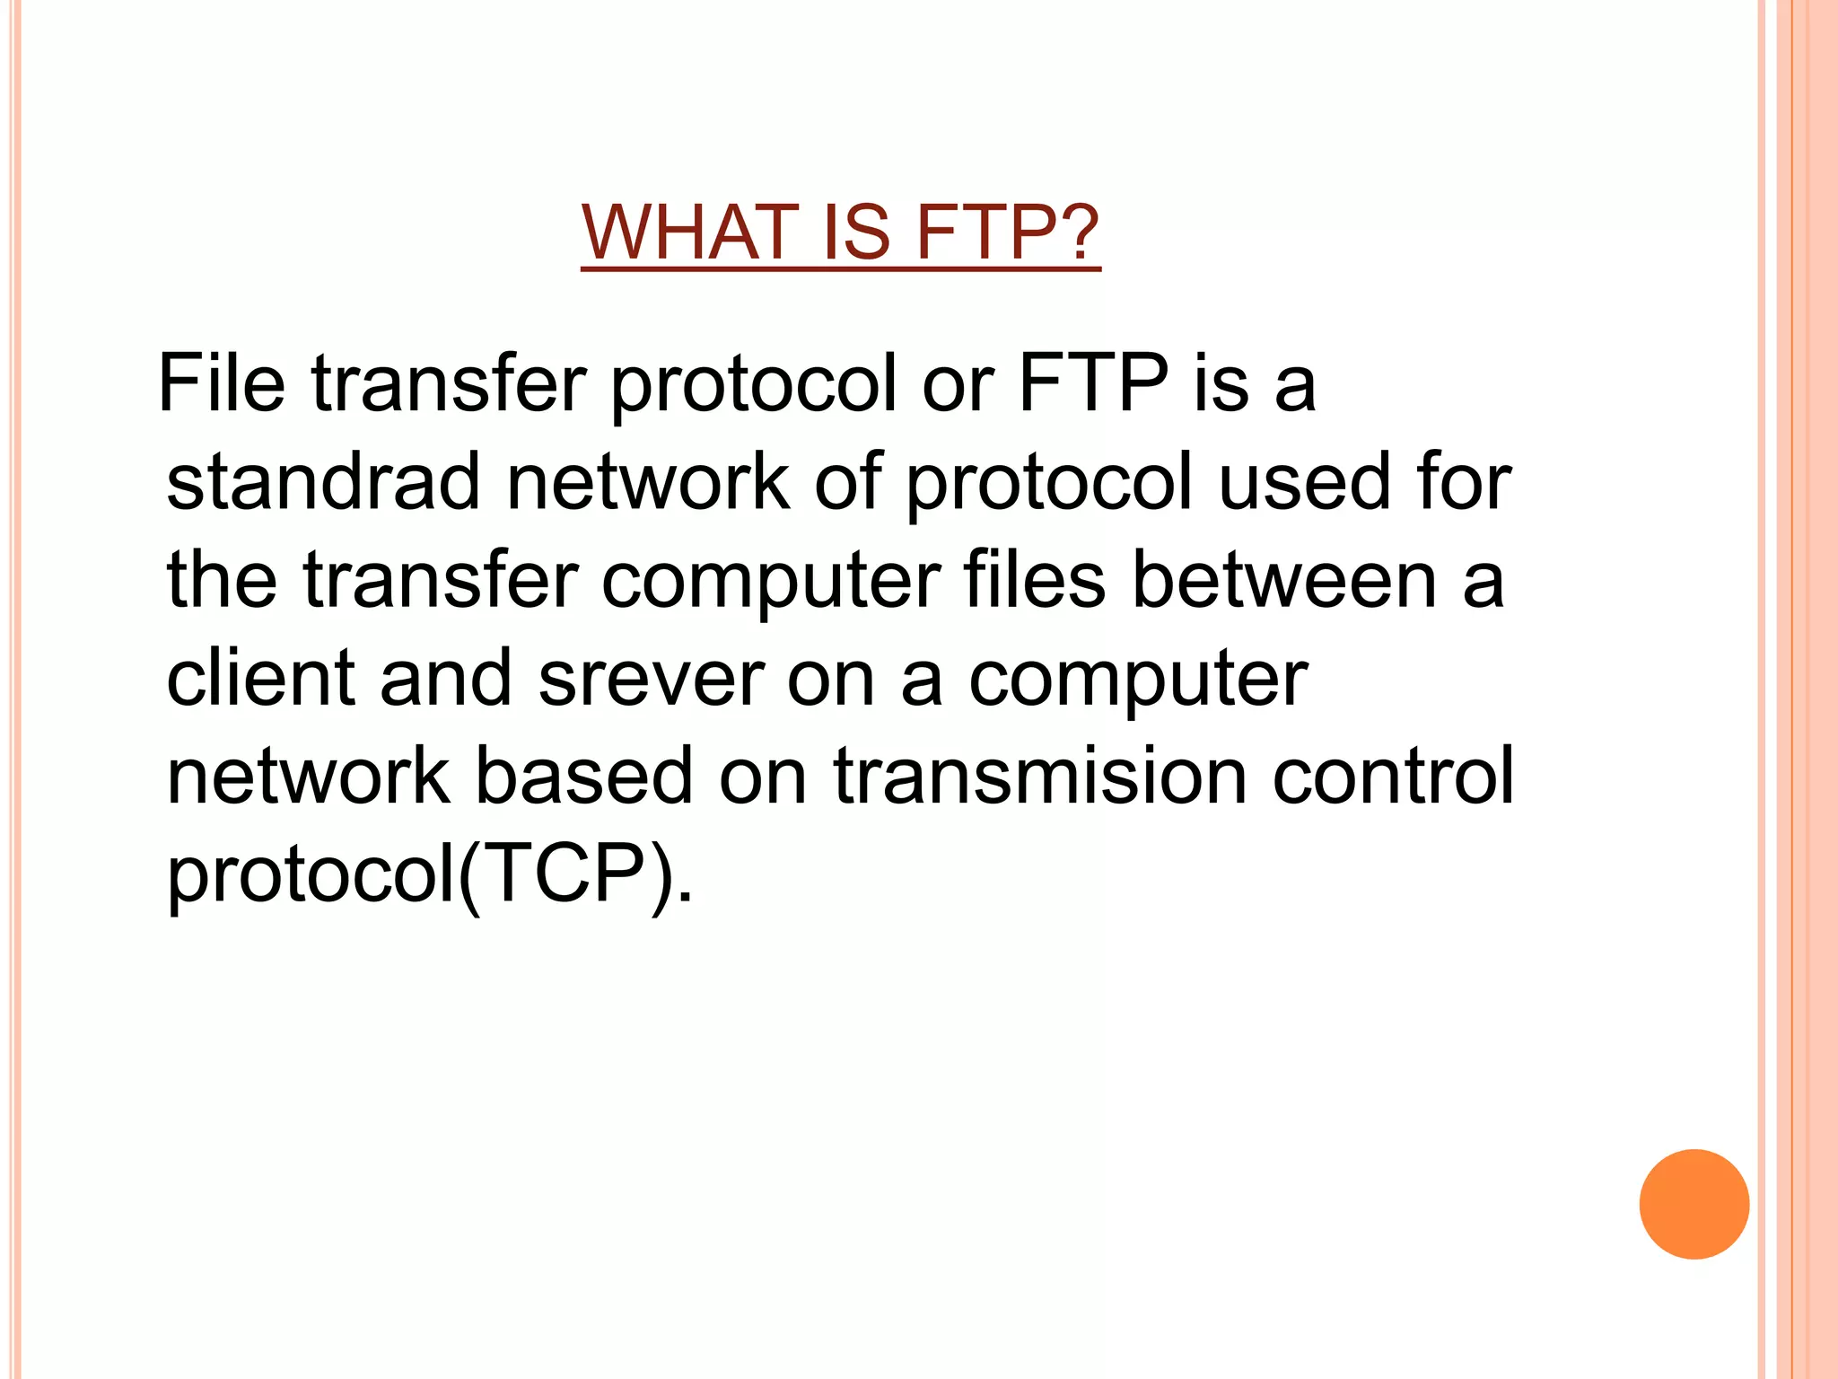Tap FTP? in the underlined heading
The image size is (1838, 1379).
[1008, 233]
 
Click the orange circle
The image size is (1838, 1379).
[1694, 1204]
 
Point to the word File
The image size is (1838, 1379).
[222, 383]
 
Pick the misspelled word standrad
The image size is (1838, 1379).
[324, 481]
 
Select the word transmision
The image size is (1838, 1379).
[1040, 776]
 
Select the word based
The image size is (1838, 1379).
[583, 776]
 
